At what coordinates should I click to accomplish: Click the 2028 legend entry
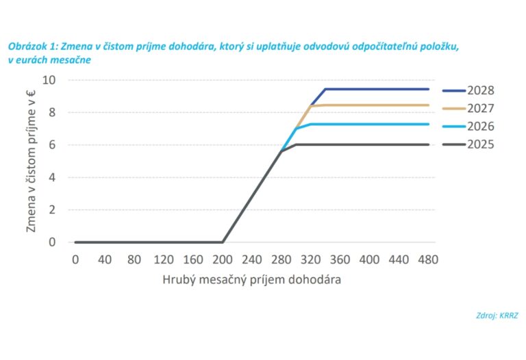tap(468, 90)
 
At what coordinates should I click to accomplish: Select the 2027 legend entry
tap(468, 108)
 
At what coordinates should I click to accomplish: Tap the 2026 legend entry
tap(468, 126)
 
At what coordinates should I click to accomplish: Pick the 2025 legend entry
tap(468, 144)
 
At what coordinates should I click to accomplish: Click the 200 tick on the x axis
tap(222, 260)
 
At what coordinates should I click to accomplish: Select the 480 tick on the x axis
tap(428, 260)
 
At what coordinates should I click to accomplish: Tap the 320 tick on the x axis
tap(310, 260)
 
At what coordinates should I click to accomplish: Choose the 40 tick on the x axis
tap(104, 260)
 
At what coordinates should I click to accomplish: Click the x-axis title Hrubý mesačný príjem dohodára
tap(251, 279)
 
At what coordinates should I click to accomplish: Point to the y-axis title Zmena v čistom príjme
tap(31, 162)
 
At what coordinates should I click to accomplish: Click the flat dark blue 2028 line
tap(377, 89)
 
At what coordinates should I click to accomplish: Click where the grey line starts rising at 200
tap(223, 242)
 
